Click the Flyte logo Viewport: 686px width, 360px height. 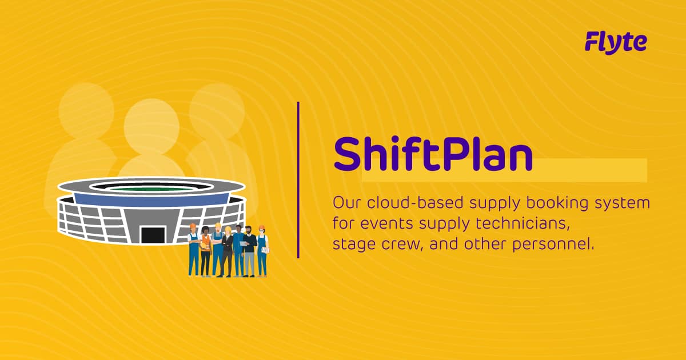coord(616,42)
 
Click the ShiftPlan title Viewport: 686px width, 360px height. coord(433,154)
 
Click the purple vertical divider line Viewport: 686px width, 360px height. coord(298,179)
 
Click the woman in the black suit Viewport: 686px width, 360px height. coord(228,251)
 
